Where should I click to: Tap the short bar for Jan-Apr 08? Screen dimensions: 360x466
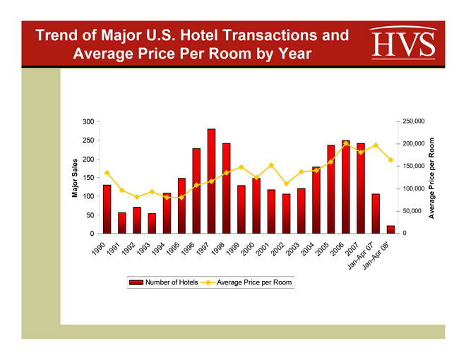pos(390,229)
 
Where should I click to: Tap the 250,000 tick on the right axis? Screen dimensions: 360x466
pos(413,122)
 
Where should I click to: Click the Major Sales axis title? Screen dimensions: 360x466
pos(75,177)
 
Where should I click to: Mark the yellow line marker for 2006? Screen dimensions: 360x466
pos(346,144)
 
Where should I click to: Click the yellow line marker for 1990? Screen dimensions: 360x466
pos(107,173)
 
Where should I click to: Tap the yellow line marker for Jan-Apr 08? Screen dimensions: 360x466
pos(390,160)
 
